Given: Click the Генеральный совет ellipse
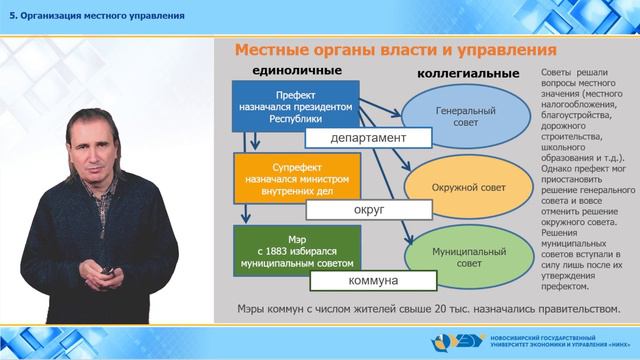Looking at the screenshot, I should pyautogui.click(x=460, y=115).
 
